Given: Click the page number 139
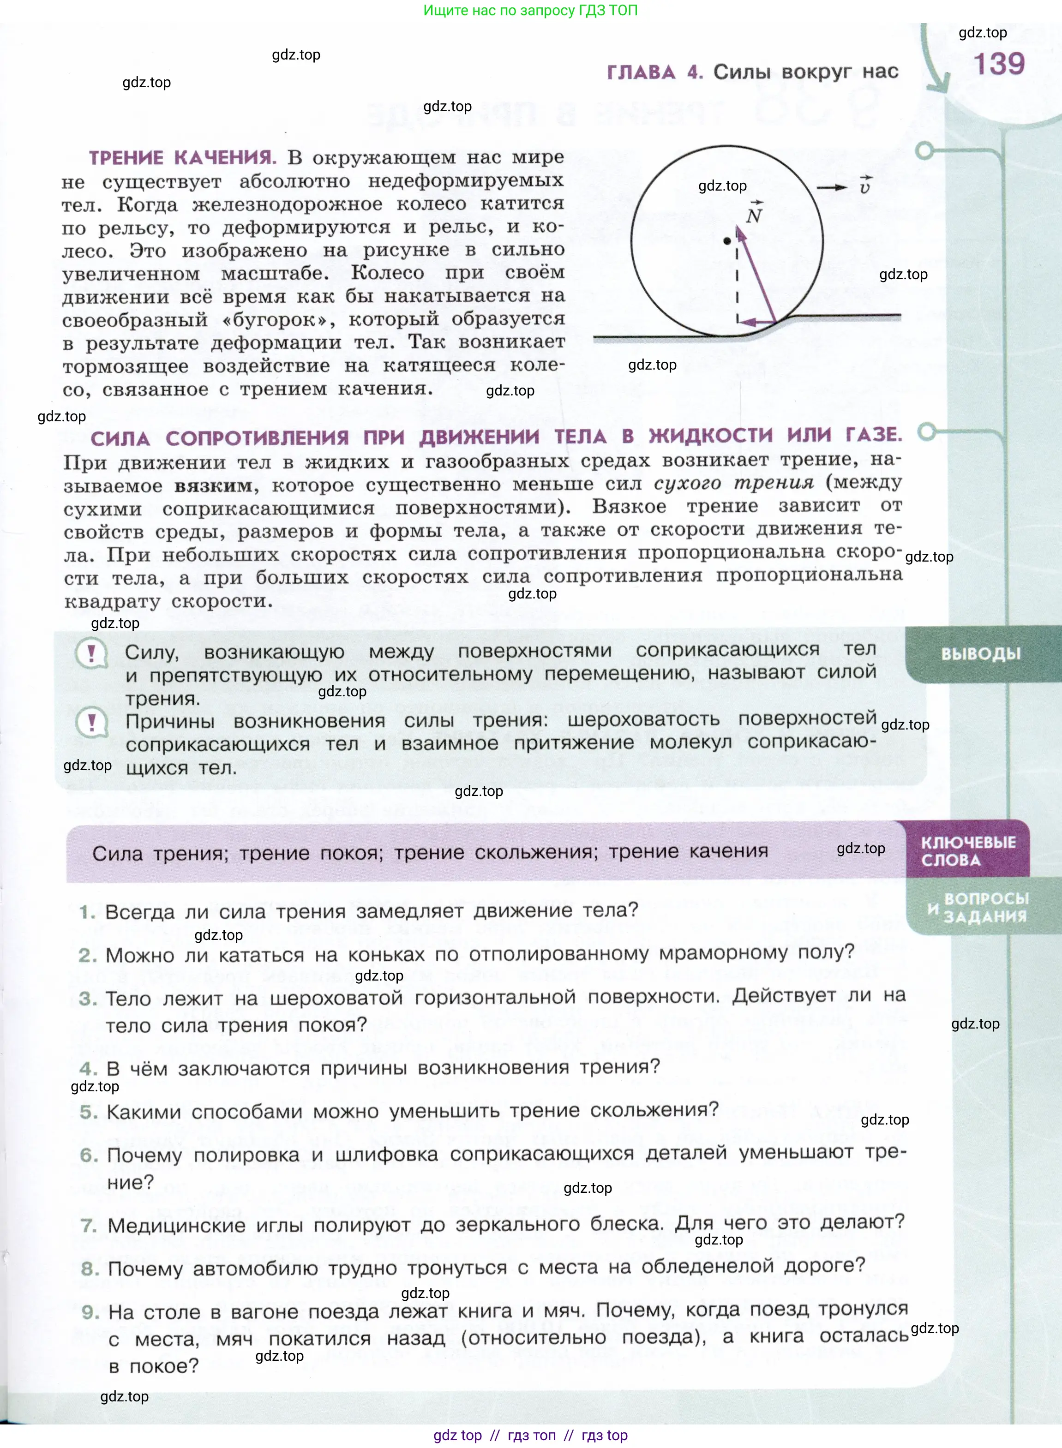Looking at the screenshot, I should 998,64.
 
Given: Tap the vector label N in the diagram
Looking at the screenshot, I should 754,215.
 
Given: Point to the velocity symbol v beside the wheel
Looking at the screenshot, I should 865,187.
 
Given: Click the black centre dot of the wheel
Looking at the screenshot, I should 727,241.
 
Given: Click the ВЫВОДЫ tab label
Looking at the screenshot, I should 980,653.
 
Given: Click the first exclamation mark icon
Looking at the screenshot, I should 91,653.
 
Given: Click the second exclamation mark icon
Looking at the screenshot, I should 91,723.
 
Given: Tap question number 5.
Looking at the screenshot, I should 88,1113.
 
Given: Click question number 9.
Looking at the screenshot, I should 90,1312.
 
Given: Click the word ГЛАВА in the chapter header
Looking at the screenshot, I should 641,72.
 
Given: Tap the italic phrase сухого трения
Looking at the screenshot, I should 733,483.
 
